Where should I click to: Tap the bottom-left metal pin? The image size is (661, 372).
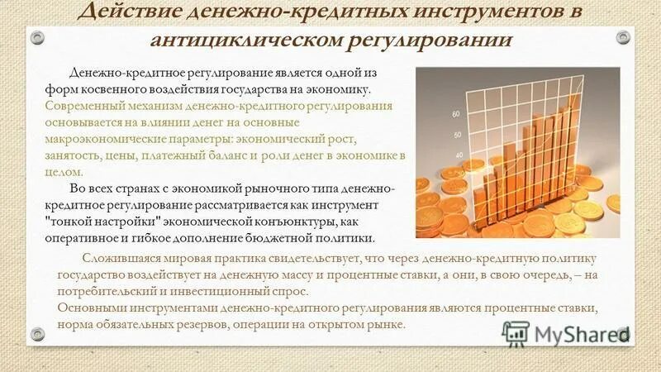click(x=36, y=333)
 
